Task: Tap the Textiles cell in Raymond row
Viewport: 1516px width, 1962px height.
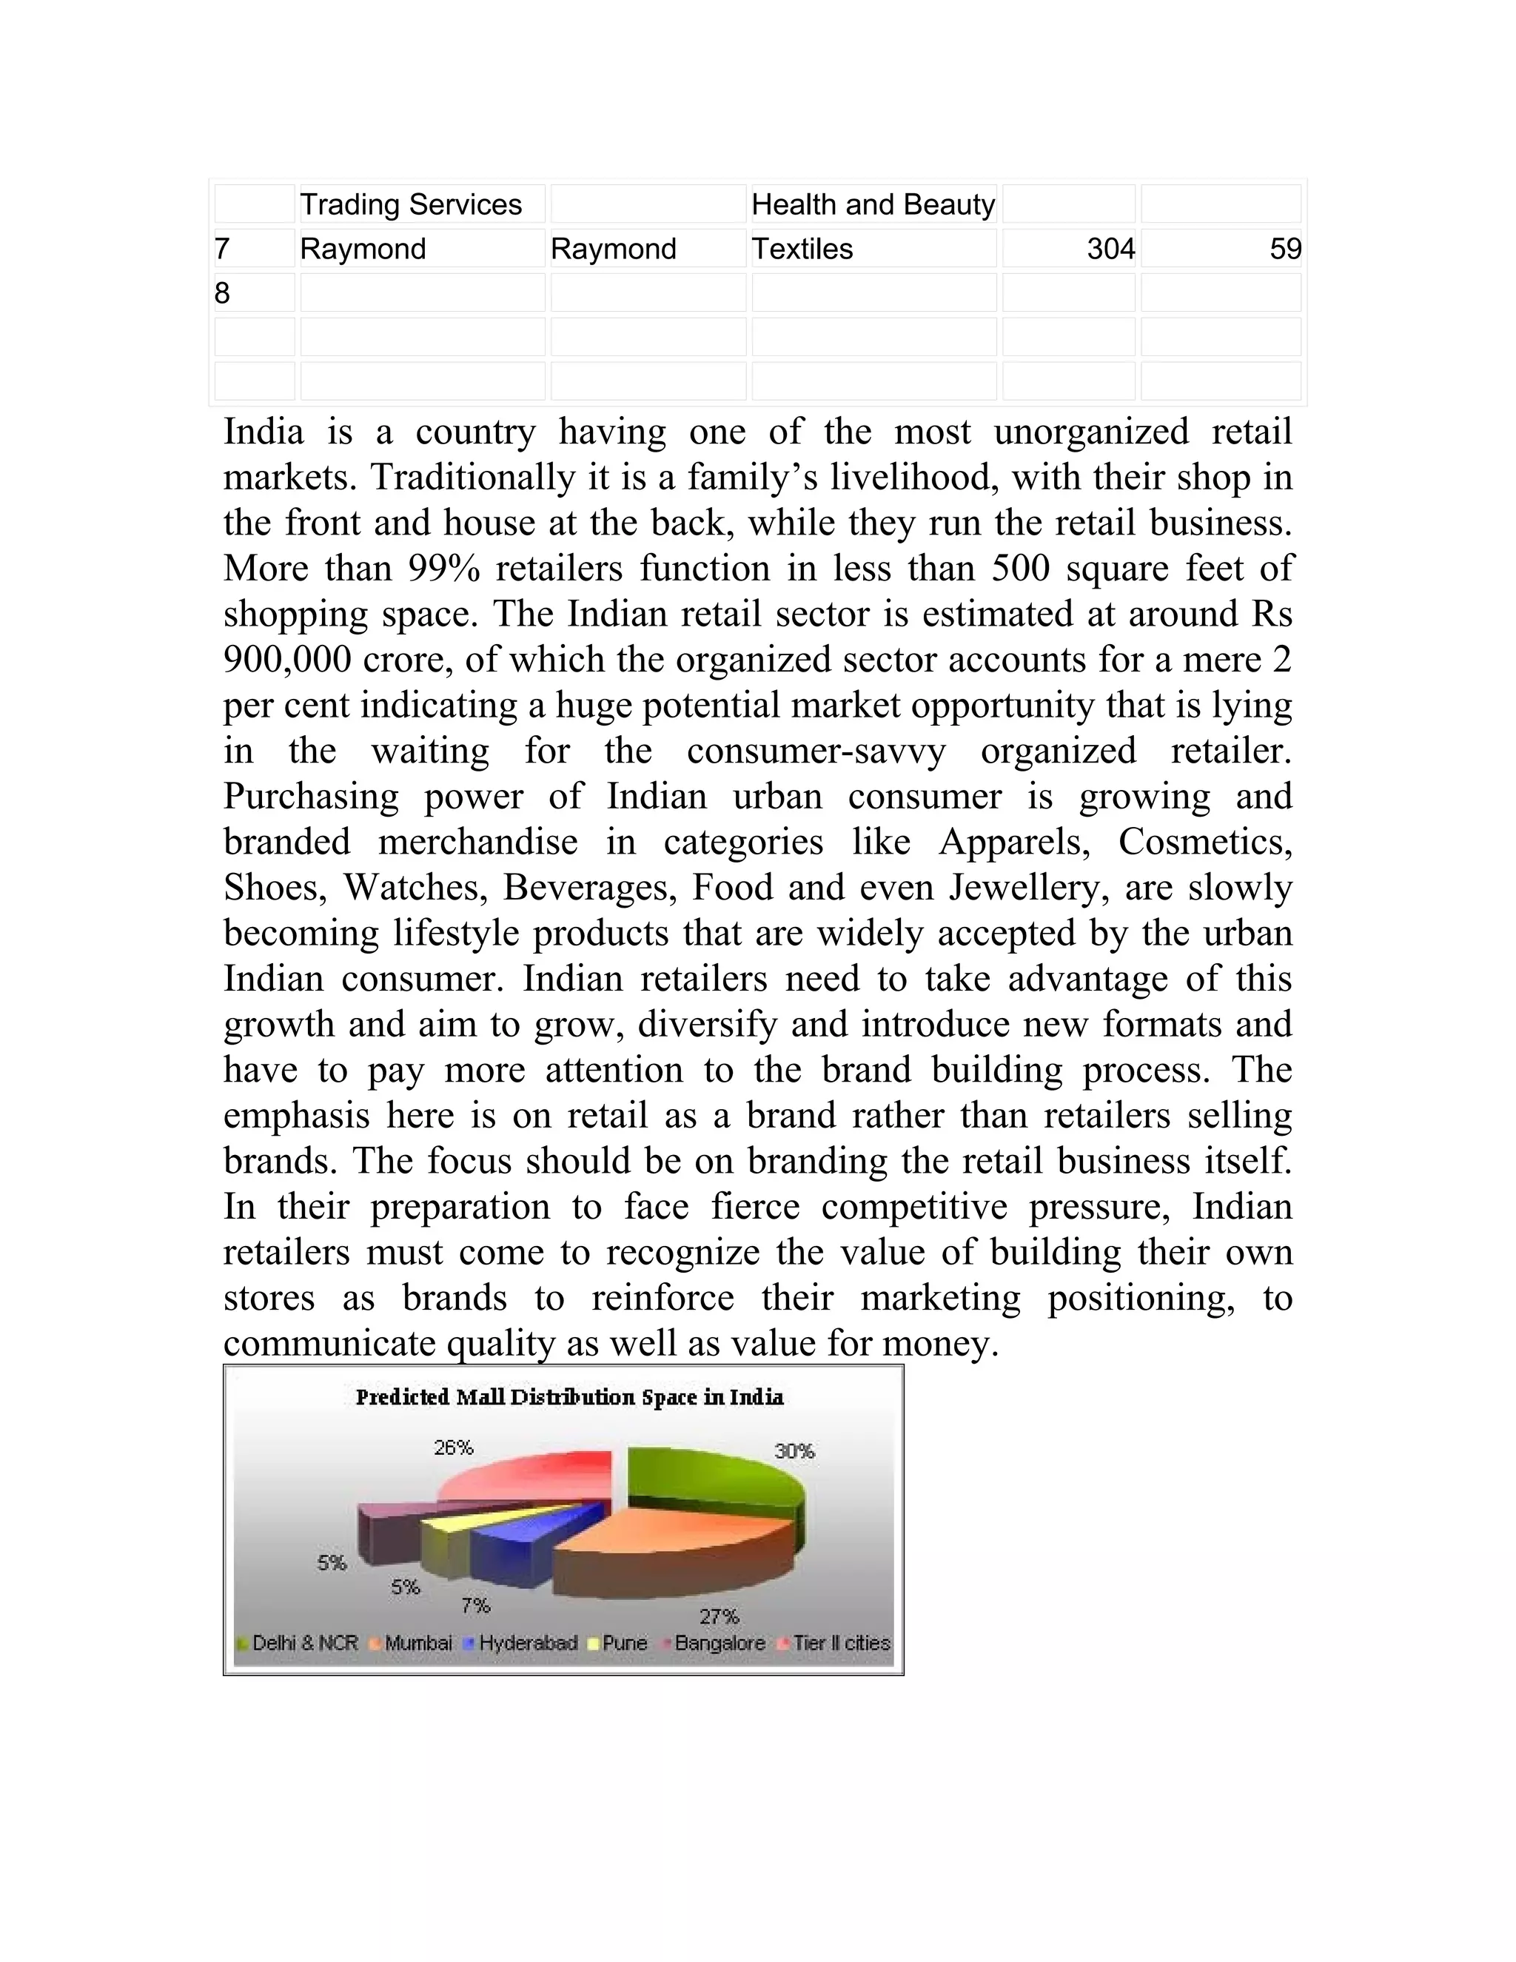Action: (x=802, y=249)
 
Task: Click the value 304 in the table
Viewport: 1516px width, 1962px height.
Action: (x=1110, y=249)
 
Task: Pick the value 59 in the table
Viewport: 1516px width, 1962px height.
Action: (x=1284, y=249)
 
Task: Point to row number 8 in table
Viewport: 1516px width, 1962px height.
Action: (x=222, y=293)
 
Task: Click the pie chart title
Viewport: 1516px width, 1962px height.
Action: (x=569, y=1397)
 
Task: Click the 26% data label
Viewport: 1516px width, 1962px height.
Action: (x=454, y=1447)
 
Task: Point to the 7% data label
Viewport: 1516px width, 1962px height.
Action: (x=476, y=1604)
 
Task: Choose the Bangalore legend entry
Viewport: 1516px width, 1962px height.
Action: (x=720, y=1643)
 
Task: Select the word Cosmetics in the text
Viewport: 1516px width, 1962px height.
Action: (x=1204, y=842)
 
